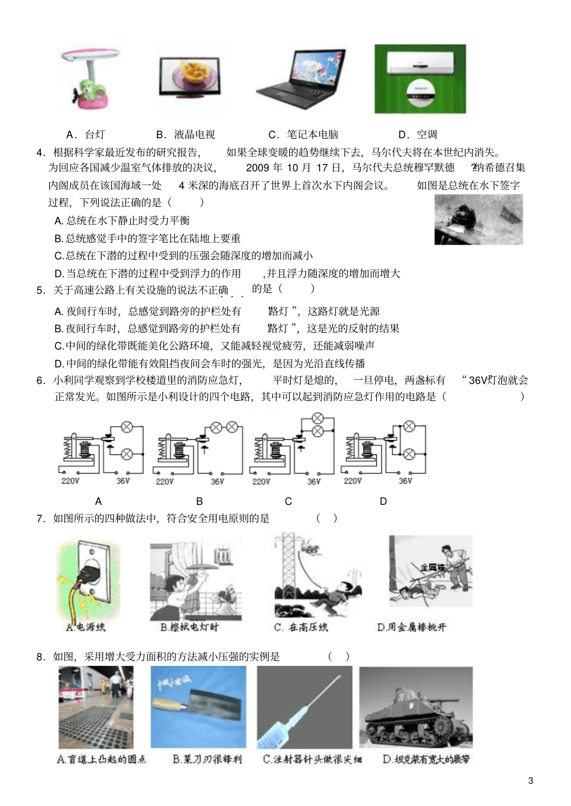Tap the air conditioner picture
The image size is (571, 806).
click(420, 79)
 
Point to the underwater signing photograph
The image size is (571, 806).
click(478, 222)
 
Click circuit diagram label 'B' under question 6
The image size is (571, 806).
click(200, 501)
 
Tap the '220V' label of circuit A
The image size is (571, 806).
click(70, 481)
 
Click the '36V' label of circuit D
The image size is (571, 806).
click(406, 481)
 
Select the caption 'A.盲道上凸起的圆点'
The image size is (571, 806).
click(102, 759)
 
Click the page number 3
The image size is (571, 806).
click(530, 781)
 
